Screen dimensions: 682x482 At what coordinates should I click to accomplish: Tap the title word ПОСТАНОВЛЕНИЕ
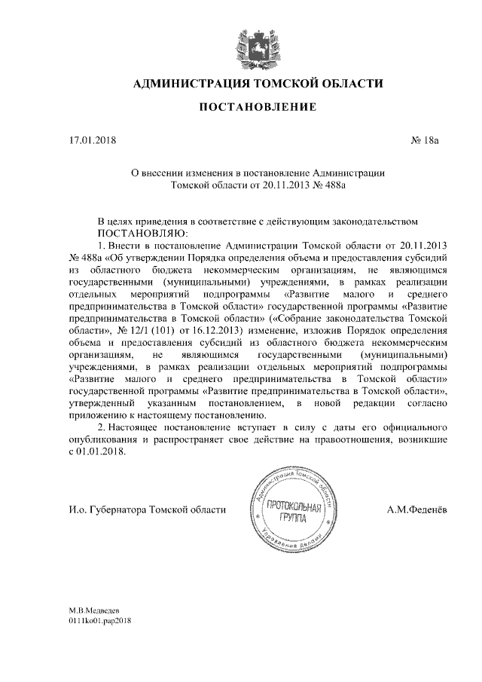point(257,109)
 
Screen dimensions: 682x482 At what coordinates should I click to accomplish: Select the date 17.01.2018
point(89,140)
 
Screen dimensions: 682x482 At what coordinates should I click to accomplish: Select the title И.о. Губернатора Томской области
point(147,510)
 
